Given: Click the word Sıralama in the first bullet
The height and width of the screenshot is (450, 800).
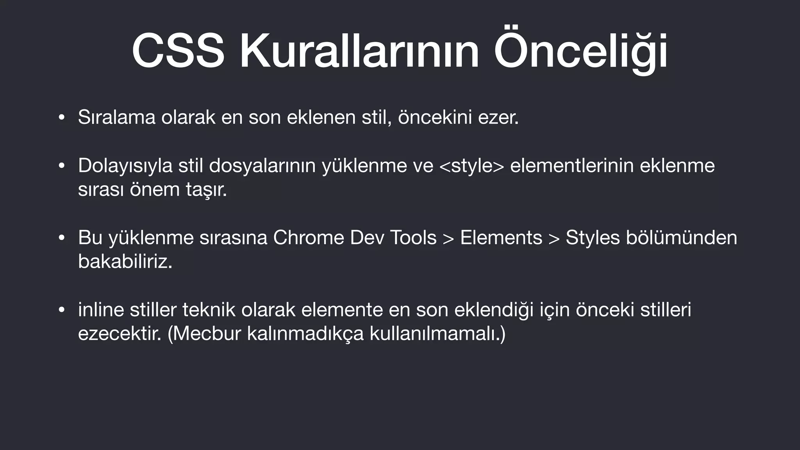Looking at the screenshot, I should click(x=116, y=117).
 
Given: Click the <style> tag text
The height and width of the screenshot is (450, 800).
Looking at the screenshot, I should click(x=471, y=166).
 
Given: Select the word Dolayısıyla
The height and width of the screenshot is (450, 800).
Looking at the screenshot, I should click(x=125, y=166).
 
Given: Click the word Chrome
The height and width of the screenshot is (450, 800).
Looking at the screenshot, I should click(x=309, y=237).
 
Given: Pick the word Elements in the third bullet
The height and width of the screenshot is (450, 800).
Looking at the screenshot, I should click(x=501, y=237).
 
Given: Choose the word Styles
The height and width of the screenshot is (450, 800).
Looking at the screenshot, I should click(x=593, y=237).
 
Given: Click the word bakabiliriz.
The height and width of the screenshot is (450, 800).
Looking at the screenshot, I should click(x=125, y=261).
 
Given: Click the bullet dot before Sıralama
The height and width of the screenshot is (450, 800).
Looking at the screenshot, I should click(x=61, y=118).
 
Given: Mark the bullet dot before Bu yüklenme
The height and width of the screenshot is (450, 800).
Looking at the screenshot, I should click(x=61, y=238).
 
